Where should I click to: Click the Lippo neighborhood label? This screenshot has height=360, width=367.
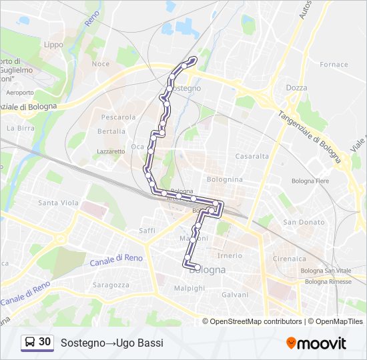[53, 45]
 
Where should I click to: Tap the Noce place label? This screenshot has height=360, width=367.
[101, 64]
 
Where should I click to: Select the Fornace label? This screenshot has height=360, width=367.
[334, 65]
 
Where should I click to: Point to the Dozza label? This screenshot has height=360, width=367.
[296, 87]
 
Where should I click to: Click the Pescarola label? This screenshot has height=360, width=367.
[118, 117]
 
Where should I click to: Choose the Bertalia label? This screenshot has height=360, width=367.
[111, 131]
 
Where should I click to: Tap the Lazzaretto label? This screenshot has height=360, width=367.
[111, 151]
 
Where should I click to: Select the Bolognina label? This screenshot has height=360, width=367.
[225, 179]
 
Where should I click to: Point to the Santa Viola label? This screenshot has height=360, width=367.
[58, 203]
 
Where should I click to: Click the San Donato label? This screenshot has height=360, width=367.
[304, 222]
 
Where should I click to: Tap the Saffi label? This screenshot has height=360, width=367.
[147, 230]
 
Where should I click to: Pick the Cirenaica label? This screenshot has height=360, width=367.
[289, 258]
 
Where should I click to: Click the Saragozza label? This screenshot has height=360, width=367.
[111, 285]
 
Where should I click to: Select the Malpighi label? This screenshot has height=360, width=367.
[190, 288]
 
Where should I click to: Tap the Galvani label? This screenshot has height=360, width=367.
[235, 295]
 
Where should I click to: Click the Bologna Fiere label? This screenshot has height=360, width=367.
[311, 181]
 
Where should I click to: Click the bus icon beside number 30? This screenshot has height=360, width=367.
[30, 342]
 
